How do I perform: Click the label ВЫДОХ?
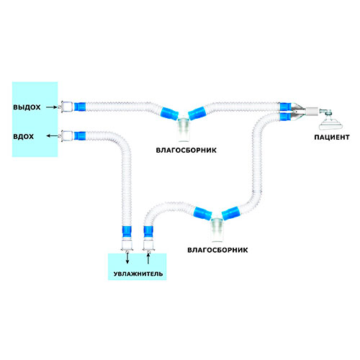(x=27, y=107)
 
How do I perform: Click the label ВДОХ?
(x=23, y=137)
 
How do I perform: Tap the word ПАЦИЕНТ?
(x=332, y=138)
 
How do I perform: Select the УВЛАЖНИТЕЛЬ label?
(x=138, y=274)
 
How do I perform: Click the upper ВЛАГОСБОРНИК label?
(x=186, y=150)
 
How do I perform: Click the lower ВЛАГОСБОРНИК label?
(x=217, y=250)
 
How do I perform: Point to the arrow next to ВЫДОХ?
(x=52, y=107)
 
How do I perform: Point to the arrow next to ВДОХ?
(x=53, y=136)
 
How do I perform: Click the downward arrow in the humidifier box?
(x=127, y=258)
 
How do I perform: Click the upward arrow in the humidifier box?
(x=148, y=258)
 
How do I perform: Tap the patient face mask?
(x=328, y=122)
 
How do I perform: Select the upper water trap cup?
(x=184, y=130)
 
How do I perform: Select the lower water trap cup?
(x=217, y=230)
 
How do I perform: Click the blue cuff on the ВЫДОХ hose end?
(x=80, y=107)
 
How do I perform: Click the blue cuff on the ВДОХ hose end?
(x=80, y=136)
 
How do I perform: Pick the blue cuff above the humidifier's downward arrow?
(x=127, y=232)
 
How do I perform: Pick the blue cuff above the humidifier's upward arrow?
(x=148, y=232)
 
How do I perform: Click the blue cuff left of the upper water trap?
(x=169, y=114)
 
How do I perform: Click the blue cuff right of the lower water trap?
(x=230, y=212)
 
